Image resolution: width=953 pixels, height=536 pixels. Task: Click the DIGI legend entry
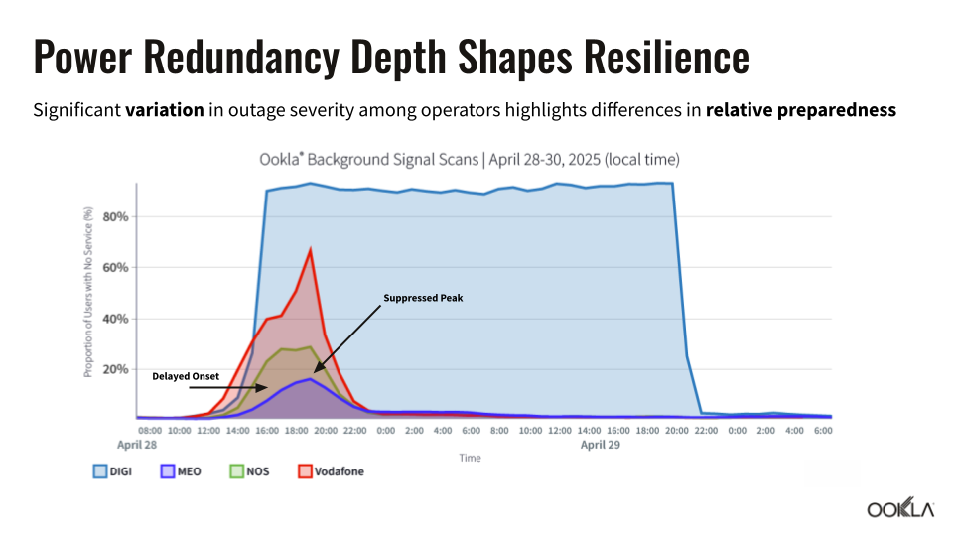point(112,471)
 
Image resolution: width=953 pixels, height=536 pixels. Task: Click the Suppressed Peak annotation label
point(423,298)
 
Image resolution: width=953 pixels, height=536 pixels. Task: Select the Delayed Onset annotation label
point(186,376)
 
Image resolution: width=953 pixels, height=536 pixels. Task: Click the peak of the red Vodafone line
point(311,250)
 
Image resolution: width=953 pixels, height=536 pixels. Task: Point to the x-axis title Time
point(471,458)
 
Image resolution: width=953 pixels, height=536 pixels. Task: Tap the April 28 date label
point(136,446)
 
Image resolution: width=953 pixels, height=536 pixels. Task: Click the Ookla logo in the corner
point(900,509)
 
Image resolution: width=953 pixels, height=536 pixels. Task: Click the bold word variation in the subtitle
point(165,110)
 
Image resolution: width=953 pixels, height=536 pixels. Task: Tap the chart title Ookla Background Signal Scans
point(471,159)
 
